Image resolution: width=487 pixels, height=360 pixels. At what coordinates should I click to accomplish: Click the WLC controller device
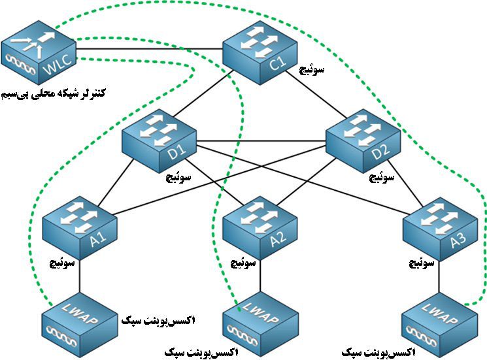tap(40, 52)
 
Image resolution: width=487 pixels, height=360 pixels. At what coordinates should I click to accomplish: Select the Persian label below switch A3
tap(422, 264)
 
